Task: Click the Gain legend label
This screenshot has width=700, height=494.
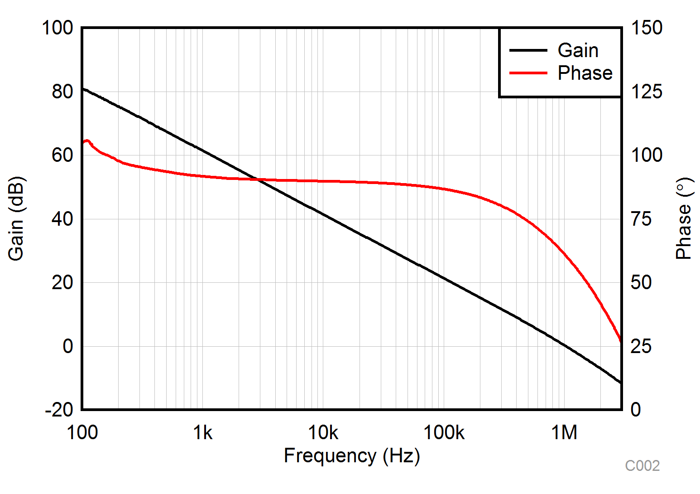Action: (578, 50)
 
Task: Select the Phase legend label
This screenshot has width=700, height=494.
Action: (585, 73)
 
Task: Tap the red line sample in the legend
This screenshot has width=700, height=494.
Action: (528, 73)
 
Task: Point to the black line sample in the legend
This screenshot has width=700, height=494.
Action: (528, 50)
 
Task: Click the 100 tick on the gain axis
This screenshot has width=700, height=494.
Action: (57, 28)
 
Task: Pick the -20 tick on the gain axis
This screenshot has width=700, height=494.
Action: (59, 410)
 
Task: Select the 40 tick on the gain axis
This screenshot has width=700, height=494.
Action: (62, 219)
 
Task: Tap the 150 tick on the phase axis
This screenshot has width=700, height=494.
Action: (647, 28)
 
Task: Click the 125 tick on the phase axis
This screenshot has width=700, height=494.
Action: (647, 92)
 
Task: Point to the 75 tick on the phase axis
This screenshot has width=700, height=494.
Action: (641, 219)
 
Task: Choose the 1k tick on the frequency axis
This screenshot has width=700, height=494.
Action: (202, 433)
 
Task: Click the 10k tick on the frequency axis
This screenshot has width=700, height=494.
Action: (323, 433)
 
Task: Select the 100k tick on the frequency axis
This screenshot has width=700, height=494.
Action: (444, 433)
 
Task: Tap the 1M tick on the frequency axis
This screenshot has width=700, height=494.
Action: (564, 433)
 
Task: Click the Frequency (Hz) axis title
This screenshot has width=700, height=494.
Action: (352, 456)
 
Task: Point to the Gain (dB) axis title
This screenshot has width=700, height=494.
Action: (16, 219)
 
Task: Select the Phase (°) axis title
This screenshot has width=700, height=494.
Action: (684, 219)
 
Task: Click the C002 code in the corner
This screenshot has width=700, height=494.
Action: (642, 466)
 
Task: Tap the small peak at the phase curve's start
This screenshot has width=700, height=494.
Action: (87, 141)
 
